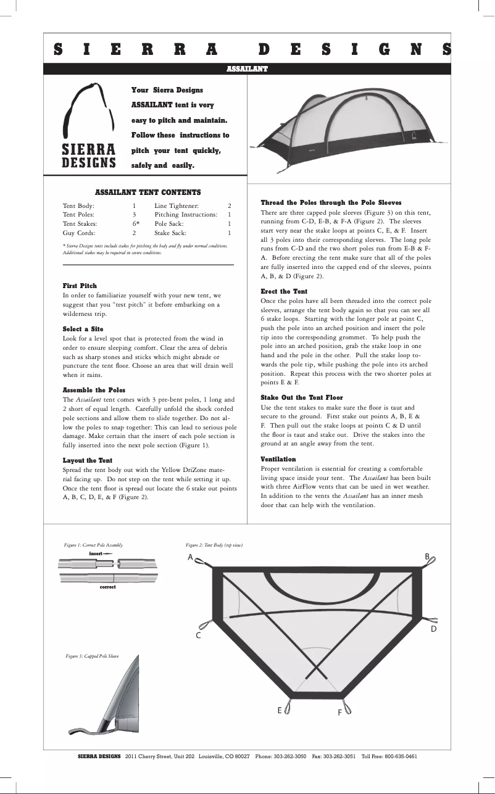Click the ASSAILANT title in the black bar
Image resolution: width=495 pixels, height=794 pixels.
[x=247, y=68]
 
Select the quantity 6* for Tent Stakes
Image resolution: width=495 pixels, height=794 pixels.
[x=135, y=223]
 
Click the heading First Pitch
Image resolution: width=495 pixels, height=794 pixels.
[x=80, y=286]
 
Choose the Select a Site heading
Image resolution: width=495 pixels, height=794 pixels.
[x=83, y=329]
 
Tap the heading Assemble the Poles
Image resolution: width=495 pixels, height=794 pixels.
[x=94, y=390]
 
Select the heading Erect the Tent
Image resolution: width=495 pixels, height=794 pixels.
[x=284, y=291]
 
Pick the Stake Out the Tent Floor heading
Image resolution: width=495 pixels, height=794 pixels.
[x=302, y=398]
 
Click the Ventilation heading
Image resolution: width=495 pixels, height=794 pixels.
[x=278, y=460]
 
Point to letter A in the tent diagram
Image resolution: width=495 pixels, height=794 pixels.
[x=191, y=558]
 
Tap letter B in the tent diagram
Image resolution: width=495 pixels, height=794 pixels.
[x=426, y=556]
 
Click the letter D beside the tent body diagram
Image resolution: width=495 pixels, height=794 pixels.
[x=433, y=629]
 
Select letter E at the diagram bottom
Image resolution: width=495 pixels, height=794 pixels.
[x=280, y=711]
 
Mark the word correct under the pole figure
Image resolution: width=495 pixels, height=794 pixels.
[x=107, y=587]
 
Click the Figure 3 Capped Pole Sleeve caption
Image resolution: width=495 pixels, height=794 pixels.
[x=92, y=656]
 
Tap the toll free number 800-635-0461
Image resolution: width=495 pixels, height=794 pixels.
[x=401, y=756]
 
